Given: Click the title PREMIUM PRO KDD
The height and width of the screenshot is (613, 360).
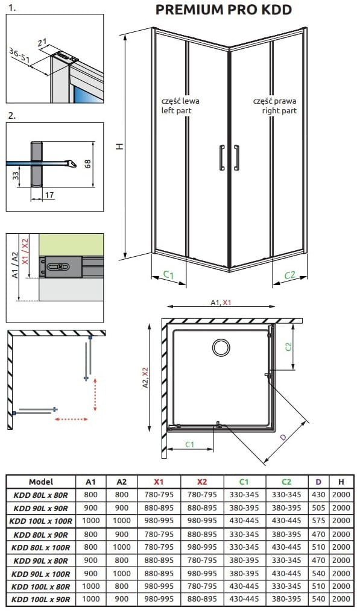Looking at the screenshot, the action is (224, 10).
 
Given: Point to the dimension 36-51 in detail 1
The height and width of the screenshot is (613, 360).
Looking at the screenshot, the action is (19, 55).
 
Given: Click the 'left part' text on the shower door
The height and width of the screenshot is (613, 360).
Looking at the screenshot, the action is (177, 111).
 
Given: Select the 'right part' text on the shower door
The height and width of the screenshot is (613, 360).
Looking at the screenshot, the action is (279, 111).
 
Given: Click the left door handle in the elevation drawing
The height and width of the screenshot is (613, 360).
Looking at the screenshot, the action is (223, 157).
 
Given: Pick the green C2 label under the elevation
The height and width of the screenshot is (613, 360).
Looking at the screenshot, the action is (289, 275).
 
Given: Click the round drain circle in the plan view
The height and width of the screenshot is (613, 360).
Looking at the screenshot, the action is (222, 348).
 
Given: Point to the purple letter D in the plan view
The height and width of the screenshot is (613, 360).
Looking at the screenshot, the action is (283, 437).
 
